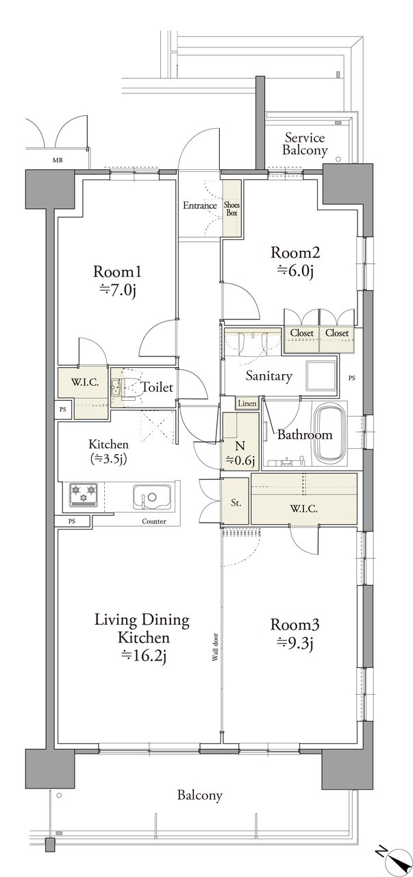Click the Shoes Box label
tap(231, 209)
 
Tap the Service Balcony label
tap(305, 144)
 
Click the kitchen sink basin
tap(151, 497)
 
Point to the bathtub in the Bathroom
tap(331, 432)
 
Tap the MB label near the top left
tap(58, 160)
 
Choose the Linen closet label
tap(247, 404)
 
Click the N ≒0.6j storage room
tap(240, 441)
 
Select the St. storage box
tap(235, 501)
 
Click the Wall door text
tap(216, 647)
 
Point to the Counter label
tap(154, 521)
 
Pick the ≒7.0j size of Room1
tap(117, 290)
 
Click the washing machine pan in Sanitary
tap(321, 373)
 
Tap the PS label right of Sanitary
tap(352, 378)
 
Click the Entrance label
tap(200, 206)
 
